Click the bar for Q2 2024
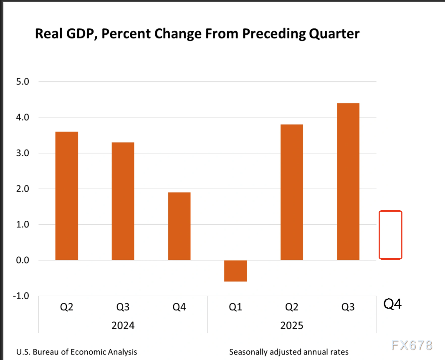coord(67,196)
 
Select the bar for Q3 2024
coord(123,201)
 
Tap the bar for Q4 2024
coord(179,226)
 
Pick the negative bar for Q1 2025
coord(235,271)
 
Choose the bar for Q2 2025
coord(292,192)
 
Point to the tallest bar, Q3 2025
coord(348,182)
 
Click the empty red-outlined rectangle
coord(390,235)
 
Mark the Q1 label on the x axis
coord(235,308)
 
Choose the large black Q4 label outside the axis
coord(392,304)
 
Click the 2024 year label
coord(123,325)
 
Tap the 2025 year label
coord(292,325)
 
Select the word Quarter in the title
coord(332,33)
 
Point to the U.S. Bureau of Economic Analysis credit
coord(76,352)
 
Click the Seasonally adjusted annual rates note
coord(289,352)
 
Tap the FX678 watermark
coord(412,345)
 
